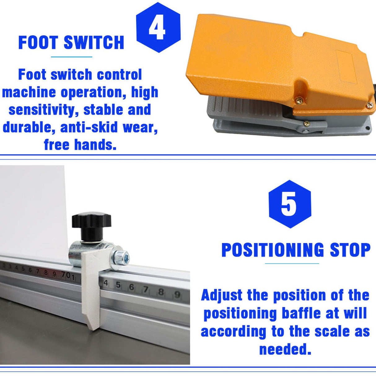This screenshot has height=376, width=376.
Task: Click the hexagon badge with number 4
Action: [158, 27]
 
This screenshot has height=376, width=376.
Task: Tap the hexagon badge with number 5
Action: [290, 204]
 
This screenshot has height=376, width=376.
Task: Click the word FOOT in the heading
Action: [38, 42]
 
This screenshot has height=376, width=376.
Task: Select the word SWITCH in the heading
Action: [94, 42]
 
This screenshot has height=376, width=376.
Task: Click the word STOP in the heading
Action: [350, 250]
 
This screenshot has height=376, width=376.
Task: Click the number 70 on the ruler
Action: [66, 275]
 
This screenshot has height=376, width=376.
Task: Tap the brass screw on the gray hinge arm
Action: [307, 123]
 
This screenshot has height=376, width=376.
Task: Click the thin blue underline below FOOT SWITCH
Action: [72, 57]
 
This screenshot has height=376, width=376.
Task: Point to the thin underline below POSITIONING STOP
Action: [292, 263]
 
